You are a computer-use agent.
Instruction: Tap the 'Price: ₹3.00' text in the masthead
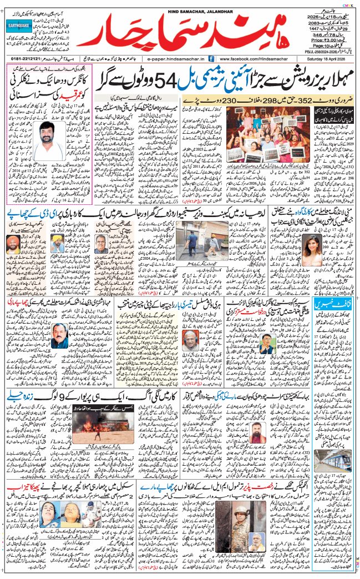click(x=323, y=40)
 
